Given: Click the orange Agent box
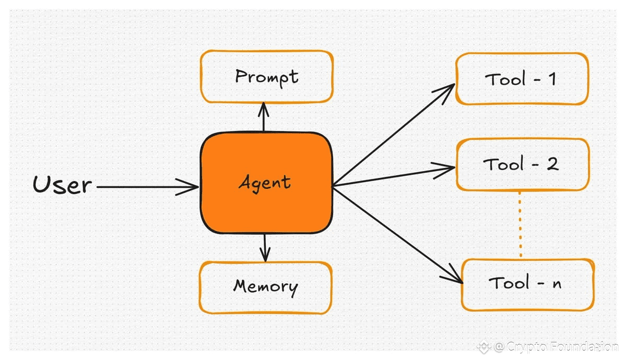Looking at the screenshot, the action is tap(266, 183).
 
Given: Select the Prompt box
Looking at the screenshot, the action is tap(267, 77).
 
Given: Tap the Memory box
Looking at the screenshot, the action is tap(266, 287).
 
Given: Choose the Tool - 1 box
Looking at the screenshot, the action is tap(522, 79).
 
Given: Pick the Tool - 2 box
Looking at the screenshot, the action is tap(523, 164).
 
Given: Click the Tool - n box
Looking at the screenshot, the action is tap(528, 284).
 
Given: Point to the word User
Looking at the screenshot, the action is tap(62, 184).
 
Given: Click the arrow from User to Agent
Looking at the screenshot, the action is tap(147, 186).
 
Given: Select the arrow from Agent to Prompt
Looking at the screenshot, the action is tap(264, 117).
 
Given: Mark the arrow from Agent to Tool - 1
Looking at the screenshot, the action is tap(394, 135).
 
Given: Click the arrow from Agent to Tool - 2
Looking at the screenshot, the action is tap(394, 176).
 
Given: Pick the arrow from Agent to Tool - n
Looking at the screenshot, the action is tap(397, 235).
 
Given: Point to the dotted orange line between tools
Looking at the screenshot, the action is tap(520, 225).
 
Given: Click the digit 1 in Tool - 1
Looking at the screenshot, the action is tap(552, 79).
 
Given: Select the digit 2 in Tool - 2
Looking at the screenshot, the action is tap(552, 164).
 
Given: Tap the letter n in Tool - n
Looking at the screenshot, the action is tap(557, 284).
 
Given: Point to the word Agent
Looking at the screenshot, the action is tap(265, 183).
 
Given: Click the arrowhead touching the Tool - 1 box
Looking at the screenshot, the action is tap(446, 92).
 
